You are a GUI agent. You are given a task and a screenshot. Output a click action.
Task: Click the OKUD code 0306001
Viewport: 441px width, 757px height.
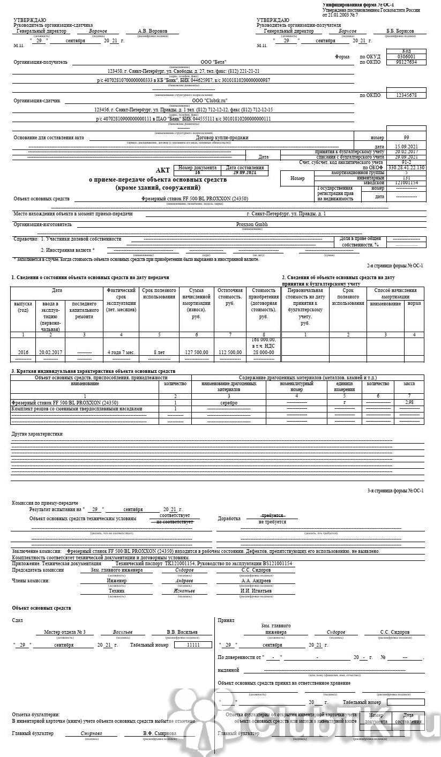click(x=406, y=57)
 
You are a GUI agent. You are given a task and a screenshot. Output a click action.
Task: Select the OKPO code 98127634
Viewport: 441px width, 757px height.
click(x=406, y=62)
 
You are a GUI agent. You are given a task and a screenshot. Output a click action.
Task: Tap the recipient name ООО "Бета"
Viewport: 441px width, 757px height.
click(x=213, y=62)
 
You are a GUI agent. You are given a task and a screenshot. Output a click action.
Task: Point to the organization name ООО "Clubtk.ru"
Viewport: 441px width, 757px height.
click(x=209, y=100)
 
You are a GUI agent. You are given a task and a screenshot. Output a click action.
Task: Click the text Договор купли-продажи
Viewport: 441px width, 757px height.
click(x=222, y=138)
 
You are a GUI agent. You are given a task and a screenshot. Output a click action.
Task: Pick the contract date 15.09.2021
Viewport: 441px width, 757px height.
click(x=406, y=146)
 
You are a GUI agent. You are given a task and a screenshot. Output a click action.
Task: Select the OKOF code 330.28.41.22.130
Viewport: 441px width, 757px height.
click(x=406, y=168)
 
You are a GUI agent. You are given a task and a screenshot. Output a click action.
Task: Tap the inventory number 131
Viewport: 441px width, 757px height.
click(x=406, y=178)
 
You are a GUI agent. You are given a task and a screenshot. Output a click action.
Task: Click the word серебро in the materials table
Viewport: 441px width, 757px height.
click(x=229, y=402)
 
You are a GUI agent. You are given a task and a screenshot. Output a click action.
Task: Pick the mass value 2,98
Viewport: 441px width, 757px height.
click(x=409, y=402)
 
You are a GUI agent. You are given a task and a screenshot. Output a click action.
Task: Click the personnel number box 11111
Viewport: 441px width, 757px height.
click(x=192, y=645)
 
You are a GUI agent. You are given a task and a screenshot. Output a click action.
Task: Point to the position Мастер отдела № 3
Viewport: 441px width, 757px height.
click(x=65, y=632)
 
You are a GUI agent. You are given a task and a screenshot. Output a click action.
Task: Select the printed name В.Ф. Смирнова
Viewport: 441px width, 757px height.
click(x=159, y=733)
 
